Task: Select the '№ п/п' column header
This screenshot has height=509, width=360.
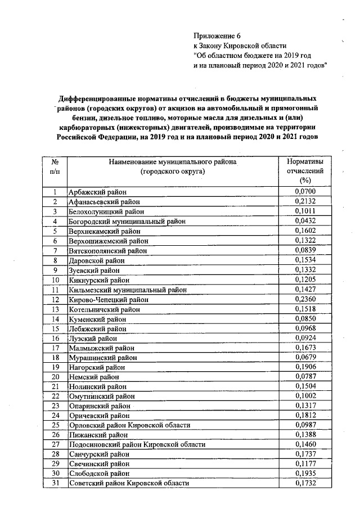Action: point(56,166)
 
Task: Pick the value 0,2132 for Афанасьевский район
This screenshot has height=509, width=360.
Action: point(305,202)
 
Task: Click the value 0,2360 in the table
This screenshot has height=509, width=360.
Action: point(305,300)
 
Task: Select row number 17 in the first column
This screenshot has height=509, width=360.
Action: point(56,349)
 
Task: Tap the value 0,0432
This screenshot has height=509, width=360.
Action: point(305,222)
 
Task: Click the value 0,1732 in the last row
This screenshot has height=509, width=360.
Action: point(305,483)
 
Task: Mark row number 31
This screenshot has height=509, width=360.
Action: point(56,483)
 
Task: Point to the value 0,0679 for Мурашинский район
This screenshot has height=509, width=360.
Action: point(305,358)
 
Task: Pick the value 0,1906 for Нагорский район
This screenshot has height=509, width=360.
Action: point(305,367)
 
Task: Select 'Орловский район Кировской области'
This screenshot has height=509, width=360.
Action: point(129,425)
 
